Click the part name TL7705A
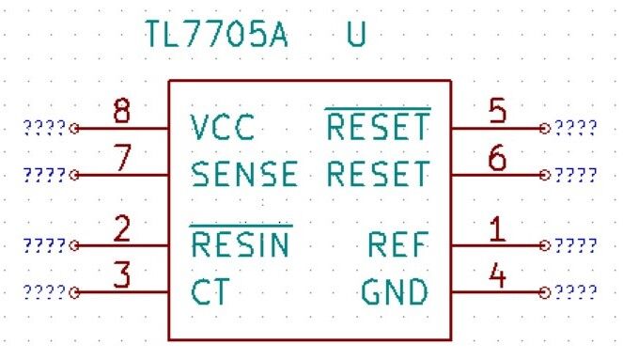click(x=216, y=35)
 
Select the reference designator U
click(x=356, y=35)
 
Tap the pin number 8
click(x=120, y=111)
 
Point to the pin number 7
click(x=120, y=159)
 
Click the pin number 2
click(x=120, y=229)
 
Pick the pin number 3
click(x=120, y=276)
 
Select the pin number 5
click(x=498, y=111)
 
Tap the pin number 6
click(x=498, y=159)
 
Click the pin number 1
click(x=498, y=229)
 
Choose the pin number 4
click(x=498, y=276)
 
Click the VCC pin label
click(x=222, y=128)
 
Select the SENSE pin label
click(x=243, y=175)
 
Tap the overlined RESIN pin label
click(x=241, y=245)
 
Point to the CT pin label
click(x=210, y=292)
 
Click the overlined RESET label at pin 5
click(x=377, y=127)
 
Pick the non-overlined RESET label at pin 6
click(x=377, y=175)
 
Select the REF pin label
click(x=398, y=245)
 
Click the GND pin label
click(x=396, y=292)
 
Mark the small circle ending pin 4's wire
click(x=544, y=292)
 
